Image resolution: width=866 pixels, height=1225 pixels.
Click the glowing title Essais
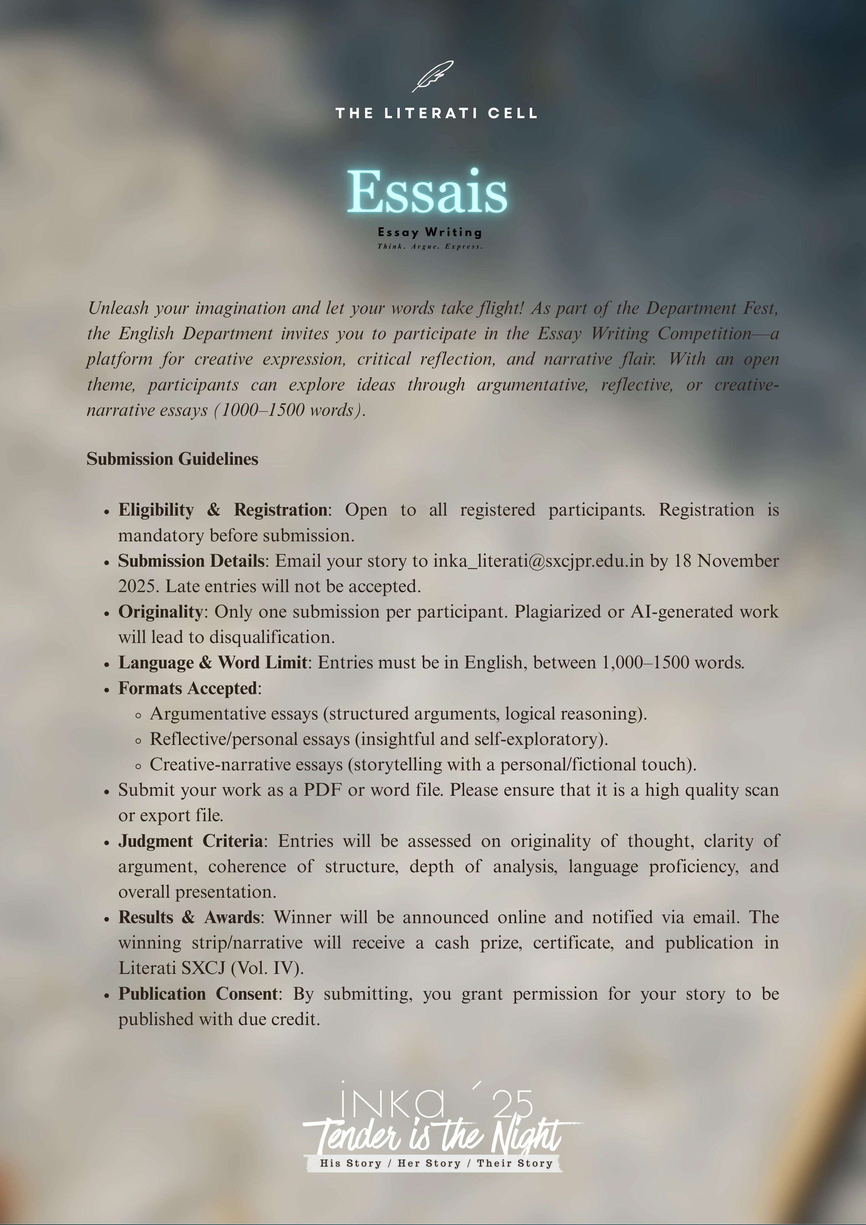tap(427, 191)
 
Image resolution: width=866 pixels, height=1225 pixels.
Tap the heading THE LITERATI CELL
tap(436, 113)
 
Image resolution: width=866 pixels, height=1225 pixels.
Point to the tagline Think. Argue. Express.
tap(430, 247)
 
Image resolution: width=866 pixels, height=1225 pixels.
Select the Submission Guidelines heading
tap(172, 459)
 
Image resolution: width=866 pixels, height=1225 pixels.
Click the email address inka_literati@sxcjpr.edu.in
tap(538, 561)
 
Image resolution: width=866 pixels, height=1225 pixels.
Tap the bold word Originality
tap(160, 612)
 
